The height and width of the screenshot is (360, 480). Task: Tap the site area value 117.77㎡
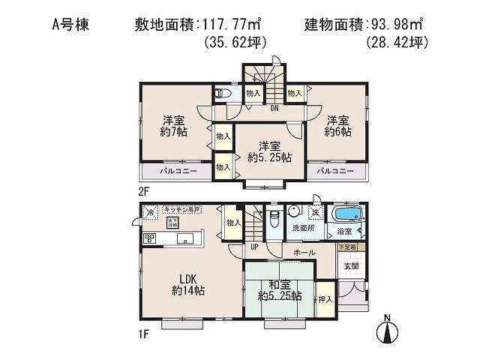pyautogui.click(x=233, y=25)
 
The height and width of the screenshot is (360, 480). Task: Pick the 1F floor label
pyautogui.click(x=142, y=333)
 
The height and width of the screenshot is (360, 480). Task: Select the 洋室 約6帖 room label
pyautogui.click(x=337, y=126)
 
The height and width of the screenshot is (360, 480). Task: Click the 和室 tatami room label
pyautogui.click(x=274, y=289)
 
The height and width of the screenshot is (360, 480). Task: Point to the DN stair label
pyautogui.click(x=274, y=108)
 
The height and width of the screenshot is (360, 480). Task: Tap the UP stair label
pyautogui.click(x=253, y=246)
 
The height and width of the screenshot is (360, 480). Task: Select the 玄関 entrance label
pyautogui.click(x=351, y=265)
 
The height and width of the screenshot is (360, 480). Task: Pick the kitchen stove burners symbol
pyautogui.click(x=150, y=238)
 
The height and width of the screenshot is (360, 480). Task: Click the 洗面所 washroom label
pyautogui.click(x=303, y=229)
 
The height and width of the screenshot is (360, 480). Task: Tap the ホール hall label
pyautogui.click(x=304, y=253)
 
